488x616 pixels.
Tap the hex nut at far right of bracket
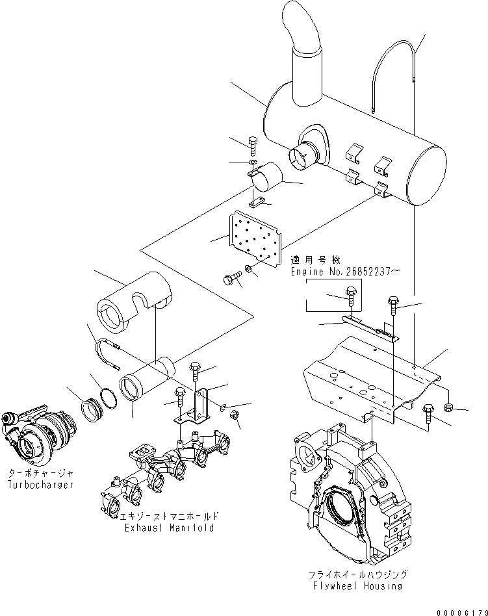tap(448, 407)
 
